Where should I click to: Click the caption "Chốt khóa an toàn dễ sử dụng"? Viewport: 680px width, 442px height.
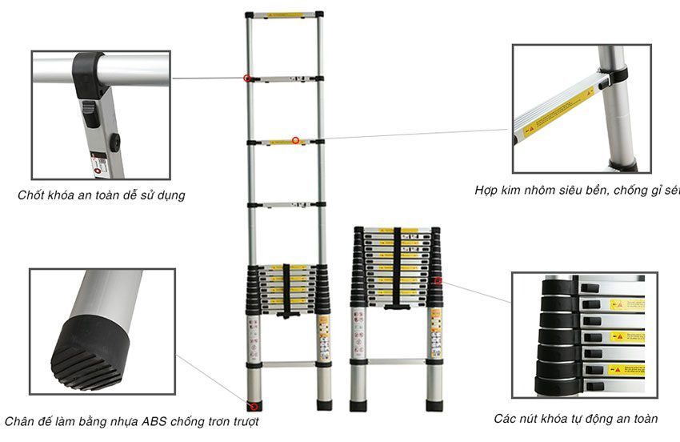coord(101,195)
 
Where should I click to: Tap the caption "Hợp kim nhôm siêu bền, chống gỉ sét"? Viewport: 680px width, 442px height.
coord(576,191)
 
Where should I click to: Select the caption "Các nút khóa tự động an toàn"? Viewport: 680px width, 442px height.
coord(575,418)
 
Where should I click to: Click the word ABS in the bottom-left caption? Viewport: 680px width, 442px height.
coord(150,420)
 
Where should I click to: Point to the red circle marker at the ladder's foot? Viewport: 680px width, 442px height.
coord(255,403)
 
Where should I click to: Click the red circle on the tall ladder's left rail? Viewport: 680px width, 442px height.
coord(247,78)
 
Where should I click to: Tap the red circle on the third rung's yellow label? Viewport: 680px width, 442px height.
coord(295,141)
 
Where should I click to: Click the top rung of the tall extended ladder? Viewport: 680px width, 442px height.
coord(285,14)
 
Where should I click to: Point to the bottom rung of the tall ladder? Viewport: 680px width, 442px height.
coord(286,364)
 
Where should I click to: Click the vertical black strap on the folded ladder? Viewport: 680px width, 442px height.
coord(396,268)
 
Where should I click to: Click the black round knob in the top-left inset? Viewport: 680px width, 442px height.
coord(114,143)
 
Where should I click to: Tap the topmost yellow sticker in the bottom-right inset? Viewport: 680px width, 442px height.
coord(626,305)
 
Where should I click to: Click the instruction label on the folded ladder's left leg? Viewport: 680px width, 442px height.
coord(358,332)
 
